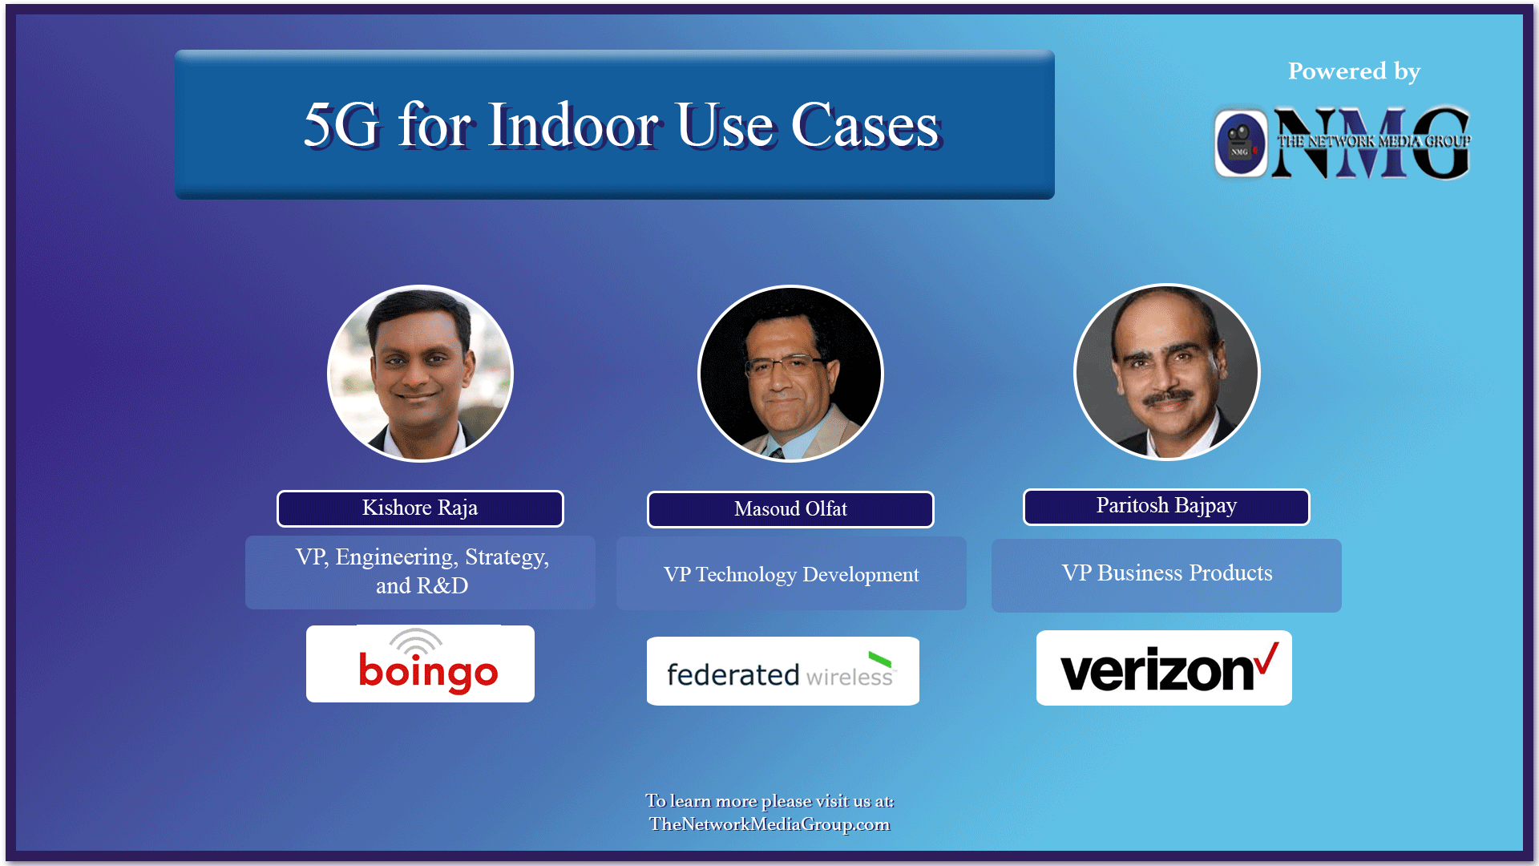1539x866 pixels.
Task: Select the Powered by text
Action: pyautogui.click(x=1354, y=71)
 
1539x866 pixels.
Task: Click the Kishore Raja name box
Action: pyautogui.click(x=420, y=508)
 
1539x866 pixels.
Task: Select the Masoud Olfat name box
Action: pyautogui.click(x=790, y=509)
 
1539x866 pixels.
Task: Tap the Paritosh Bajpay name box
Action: pyautogui.click(x=1166, y=506)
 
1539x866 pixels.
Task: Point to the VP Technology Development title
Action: pyautogui.click(x=791, y=574)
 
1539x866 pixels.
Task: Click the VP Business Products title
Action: pyautogui.click(x=1166, y=573)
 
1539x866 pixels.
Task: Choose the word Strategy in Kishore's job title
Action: pyautogui.click(x=507, y=557)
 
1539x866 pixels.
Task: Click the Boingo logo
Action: pyautogui.click(x=420, y=665)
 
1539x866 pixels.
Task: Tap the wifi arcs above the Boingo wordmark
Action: pyautogui.click(x=415, y=641)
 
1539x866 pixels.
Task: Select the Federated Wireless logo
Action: pyautogui.click(x=782, y=672)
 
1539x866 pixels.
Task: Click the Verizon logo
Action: pyautogui.click(x=1163, y=669)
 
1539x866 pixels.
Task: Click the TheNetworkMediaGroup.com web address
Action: pyautogui.click(x=769, y=824)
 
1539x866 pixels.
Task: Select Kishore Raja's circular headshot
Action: pyautogui.click(x=420, y=374)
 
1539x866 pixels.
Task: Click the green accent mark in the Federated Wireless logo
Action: pyautogui.click(x=880, y=660)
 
